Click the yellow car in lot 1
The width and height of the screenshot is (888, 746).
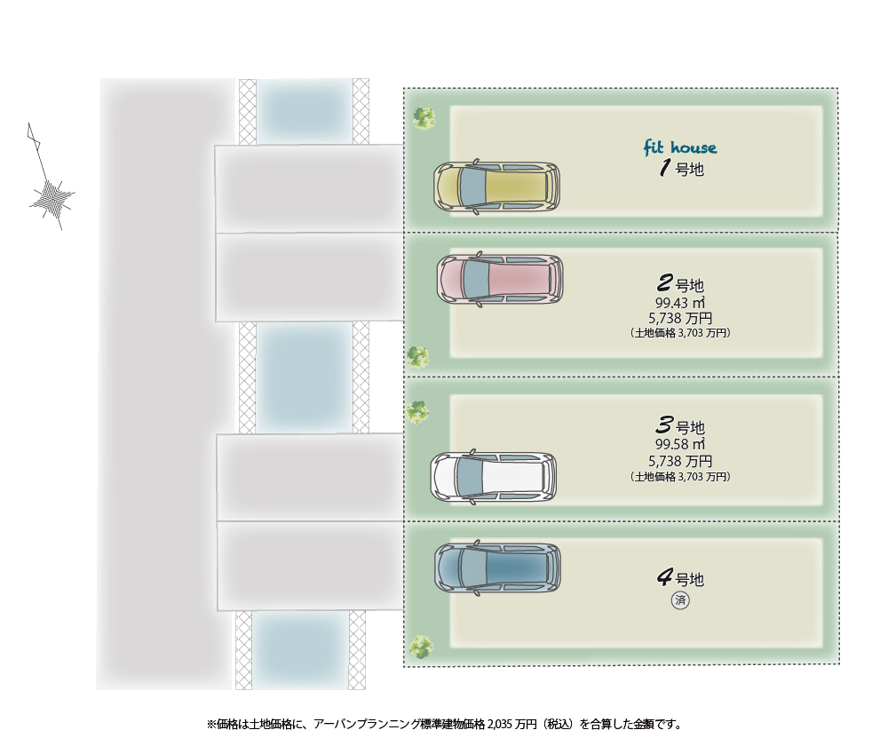point(496,187)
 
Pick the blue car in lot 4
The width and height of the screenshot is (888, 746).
point(497,568)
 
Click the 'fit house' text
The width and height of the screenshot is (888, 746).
point(679,147)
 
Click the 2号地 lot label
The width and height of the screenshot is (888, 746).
point(679,285)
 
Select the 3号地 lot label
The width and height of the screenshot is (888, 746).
point(679,426)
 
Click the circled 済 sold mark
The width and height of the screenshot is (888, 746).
point(680,601)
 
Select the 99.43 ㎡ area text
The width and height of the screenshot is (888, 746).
point(679,303)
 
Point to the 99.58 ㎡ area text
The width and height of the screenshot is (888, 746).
point(679,444)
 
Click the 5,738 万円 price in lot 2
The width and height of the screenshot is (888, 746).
point(680,318)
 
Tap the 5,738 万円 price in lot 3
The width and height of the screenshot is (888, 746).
point(680,461)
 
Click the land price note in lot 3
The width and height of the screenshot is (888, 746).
point(680,477)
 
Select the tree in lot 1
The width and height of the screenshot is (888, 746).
point(424,117)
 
